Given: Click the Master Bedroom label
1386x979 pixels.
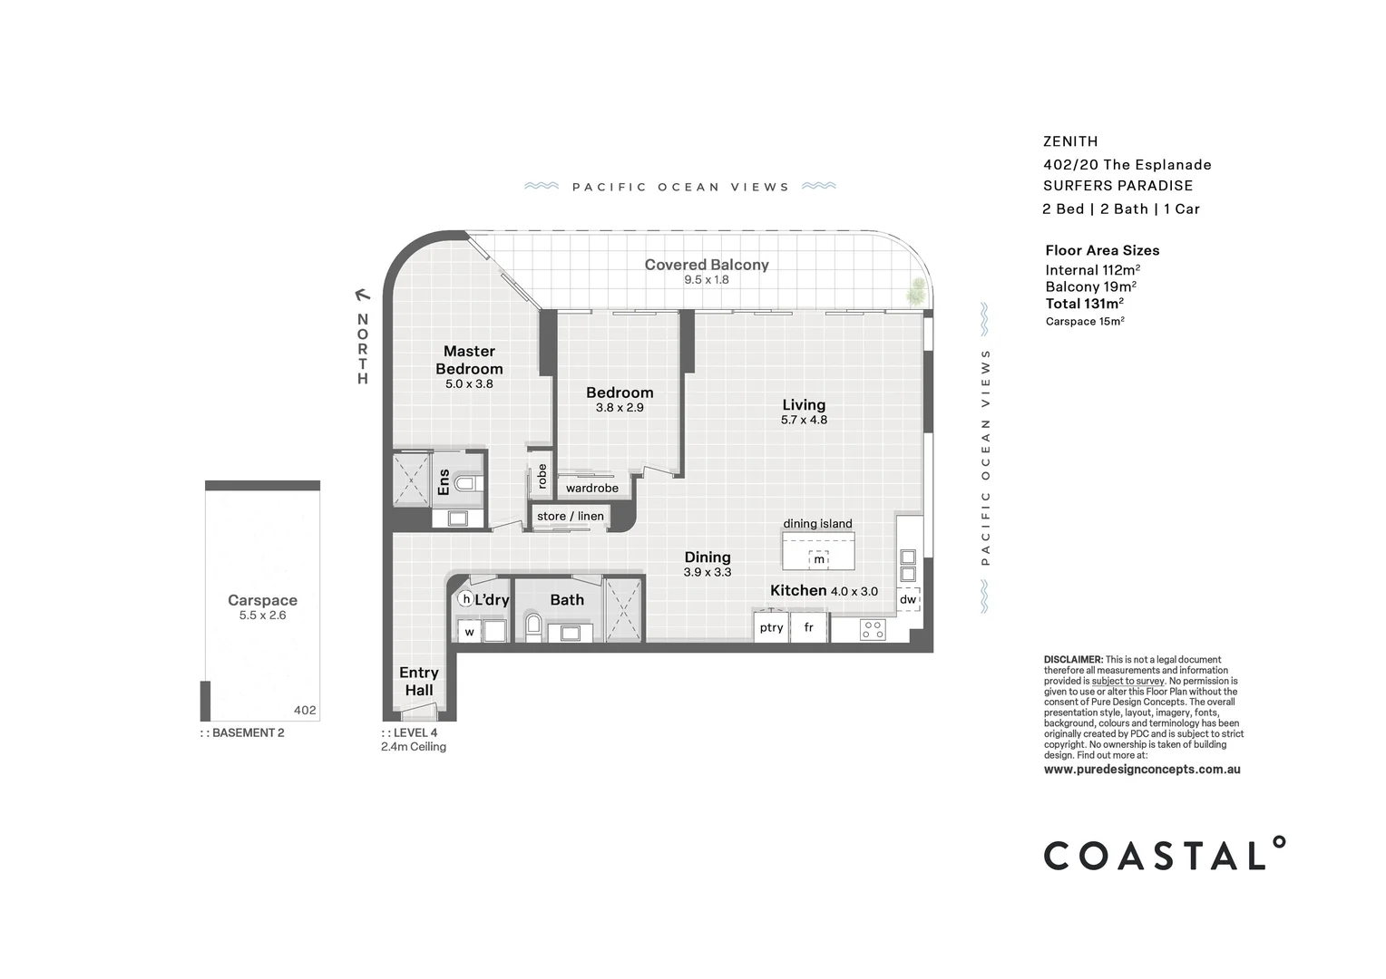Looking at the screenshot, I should tap(469, 360).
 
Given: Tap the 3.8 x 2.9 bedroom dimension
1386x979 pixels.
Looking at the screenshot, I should tap(620, 408).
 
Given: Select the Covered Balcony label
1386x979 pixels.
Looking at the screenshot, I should tap(707, 265).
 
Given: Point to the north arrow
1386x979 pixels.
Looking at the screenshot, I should tap(363, 294).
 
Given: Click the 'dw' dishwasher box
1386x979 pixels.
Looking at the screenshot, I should tap(908, 599).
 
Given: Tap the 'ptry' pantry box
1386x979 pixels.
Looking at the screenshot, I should tap(771, 627).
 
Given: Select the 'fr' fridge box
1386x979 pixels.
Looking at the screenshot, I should tap(808, 627).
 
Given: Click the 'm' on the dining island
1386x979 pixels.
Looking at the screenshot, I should tap(819, 559).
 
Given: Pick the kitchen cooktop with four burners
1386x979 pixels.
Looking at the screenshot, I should tap(873, 629).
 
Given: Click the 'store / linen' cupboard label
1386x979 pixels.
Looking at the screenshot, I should tap(571, 516).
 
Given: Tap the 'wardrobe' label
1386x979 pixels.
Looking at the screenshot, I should tap(592, 488).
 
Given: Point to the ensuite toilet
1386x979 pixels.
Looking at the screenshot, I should tap(466, 483).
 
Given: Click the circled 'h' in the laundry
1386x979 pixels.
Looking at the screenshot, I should tap(466, 599).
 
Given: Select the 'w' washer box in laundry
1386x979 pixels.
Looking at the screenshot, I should tap(469, 632).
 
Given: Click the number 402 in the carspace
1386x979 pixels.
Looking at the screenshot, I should tap(305, 710).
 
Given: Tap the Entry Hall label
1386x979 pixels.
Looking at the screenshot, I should tap(418, 681).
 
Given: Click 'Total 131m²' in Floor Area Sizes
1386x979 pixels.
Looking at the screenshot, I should tap(1084, 304).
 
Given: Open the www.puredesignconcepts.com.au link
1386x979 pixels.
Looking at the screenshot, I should tap(1141, 769).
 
